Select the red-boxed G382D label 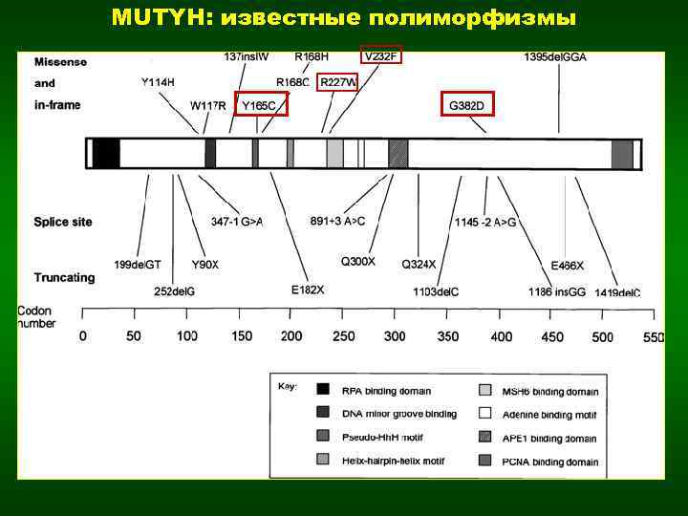468,104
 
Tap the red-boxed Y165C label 260,104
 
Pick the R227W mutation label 338,82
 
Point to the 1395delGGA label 555,57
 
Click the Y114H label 158,82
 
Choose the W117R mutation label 208,104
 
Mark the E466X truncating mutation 568,265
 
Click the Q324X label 419,263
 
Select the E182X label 308,289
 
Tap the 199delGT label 138,264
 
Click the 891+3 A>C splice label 338,222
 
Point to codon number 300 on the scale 394,336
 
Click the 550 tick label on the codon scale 654,336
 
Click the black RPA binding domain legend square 323,390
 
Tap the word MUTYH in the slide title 150,17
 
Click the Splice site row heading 63,222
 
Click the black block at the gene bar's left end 105,154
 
